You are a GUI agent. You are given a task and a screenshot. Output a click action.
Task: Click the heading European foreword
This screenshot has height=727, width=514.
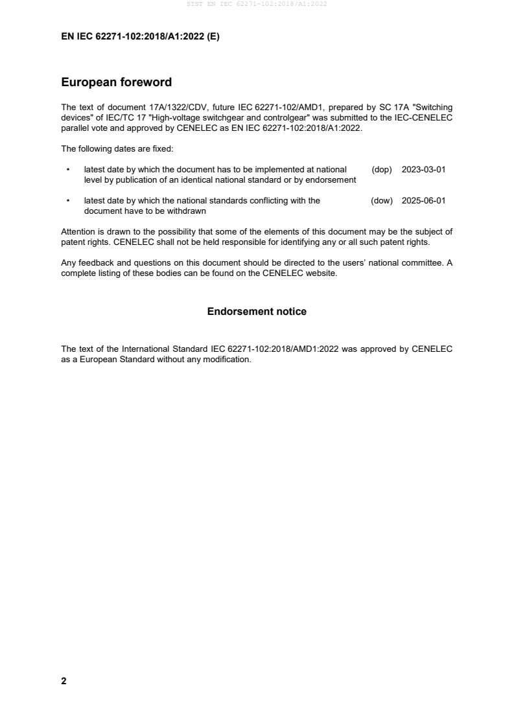point(116,82)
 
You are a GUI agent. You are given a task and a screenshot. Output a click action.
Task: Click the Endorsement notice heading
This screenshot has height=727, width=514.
point(257,312)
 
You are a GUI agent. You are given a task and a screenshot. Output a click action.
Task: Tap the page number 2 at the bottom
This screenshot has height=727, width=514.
point(64,681)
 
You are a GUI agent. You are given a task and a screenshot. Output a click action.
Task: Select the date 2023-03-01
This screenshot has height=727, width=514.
point(423,170)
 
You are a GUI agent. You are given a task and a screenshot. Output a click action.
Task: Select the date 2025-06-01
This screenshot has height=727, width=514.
point(423,201)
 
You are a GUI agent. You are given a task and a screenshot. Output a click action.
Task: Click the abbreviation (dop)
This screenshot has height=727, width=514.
point(382,170)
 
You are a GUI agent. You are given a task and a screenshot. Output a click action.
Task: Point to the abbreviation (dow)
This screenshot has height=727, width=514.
point(382,201)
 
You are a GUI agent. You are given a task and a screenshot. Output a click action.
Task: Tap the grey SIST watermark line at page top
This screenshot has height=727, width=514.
point(257,5)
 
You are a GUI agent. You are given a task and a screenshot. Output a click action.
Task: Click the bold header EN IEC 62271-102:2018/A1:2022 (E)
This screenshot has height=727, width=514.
point(140,37)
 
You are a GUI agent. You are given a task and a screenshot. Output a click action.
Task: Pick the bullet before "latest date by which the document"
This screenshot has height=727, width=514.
point(68,170)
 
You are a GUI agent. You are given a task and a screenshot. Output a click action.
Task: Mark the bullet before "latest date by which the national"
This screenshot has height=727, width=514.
point(68,201)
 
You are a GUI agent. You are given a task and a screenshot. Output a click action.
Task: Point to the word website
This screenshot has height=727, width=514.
point(320,273)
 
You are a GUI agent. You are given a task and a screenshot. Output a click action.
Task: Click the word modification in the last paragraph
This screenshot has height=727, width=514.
point(228,359)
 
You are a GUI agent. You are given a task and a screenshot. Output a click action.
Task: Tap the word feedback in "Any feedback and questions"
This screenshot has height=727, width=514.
point(93,263)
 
